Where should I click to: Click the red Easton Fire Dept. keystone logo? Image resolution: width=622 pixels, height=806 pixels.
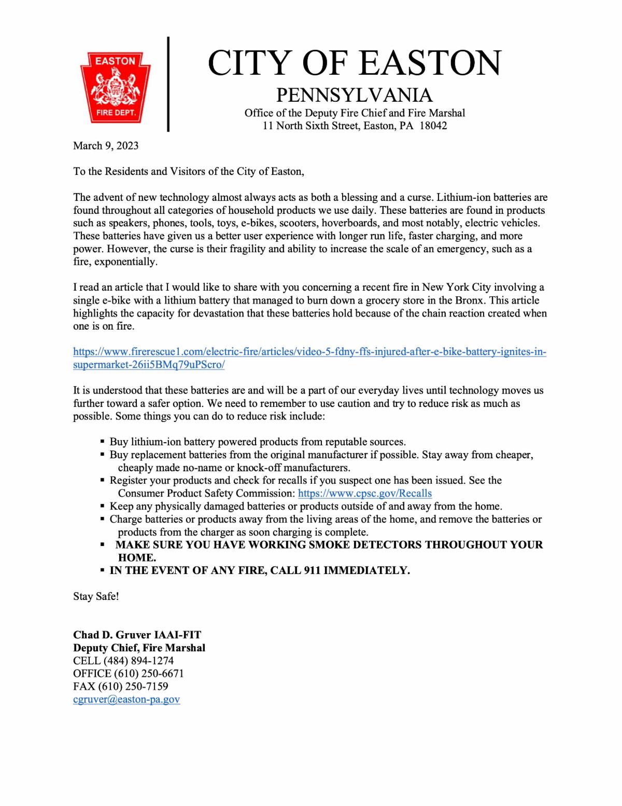(x=115, y=87)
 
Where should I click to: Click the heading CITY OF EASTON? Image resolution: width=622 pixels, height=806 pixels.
(x=355, y=63)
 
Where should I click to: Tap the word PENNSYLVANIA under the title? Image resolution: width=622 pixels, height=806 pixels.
(x=355, y=95)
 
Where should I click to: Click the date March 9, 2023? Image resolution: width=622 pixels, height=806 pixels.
(x=106, y=145)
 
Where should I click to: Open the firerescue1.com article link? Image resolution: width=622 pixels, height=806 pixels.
(x=309, y=352)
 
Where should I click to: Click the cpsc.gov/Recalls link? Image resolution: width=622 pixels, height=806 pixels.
(x=364, y=493)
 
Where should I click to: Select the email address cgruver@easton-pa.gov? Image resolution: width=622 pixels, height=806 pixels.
(x=126, y=699)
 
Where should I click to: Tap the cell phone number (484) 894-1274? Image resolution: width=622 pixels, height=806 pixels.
(x=138, y=661)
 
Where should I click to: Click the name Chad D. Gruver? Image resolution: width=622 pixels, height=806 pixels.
(x=112, y=635)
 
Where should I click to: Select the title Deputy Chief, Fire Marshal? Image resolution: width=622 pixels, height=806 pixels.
(x=139, y=648)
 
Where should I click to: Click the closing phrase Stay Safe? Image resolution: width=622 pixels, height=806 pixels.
(x=96, y=596)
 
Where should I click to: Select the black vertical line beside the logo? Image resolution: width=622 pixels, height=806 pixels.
(x=168, y=84)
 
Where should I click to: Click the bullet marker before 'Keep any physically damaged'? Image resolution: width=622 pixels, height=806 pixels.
(x=102, y=506)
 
